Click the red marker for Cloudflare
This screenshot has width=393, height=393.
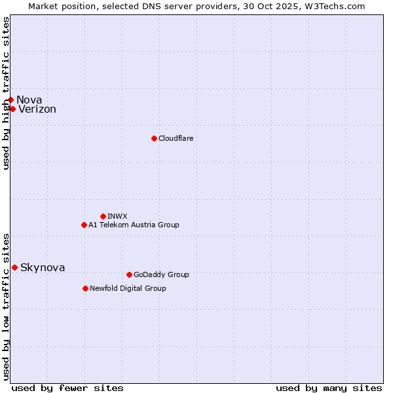click(154, 138)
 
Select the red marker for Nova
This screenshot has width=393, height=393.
click(10, 100)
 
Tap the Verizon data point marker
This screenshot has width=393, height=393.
click(12, 109)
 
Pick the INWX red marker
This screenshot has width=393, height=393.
click(103, 216)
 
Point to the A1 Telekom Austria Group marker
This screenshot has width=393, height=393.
click(84, 225)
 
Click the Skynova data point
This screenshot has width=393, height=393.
click(14, 267)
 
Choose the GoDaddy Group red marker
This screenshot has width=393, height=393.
click(129, 274)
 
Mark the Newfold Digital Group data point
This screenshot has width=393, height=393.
click(85, 288)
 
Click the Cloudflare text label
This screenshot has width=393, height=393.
click(176, 138)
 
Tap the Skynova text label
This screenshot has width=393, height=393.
click(43, 267)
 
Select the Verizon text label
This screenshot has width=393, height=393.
click(37, 109)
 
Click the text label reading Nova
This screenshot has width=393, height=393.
click(29, 100)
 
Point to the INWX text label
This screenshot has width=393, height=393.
click(117, 216)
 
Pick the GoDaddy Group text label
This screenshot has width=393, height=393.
click(161, 274)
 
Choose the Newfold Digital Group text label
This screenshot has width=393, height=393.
click(128, 288)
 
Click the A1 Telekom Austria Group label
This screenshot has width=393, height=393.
click(134, 225)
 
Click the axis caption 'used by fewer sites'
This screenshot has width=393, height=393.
click(67, 388)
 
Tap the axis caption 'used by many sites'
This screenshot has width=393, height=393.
click(329, 388)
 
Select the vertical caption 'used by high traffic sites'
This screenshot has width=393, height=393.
click(6, 93)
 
